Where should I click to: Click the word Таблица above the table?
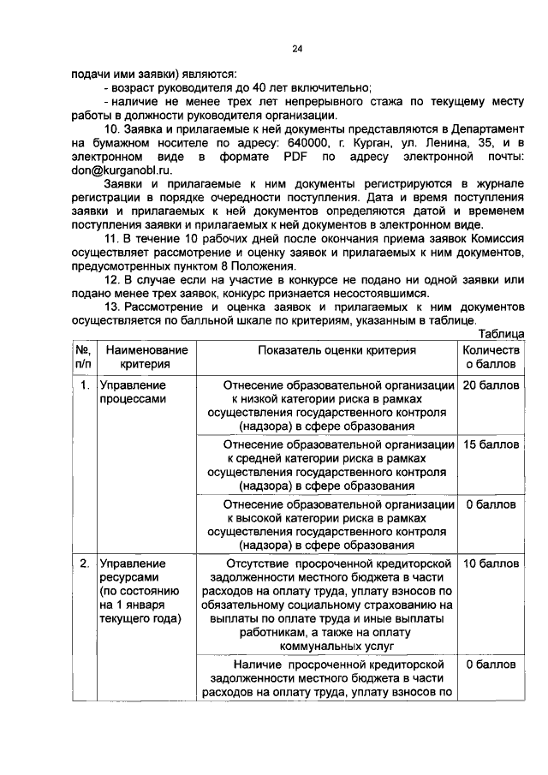[x=501, y=334]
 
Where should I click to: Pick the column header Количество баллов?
[x=491, y=357]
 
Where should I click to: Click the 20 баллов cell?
[x=491, y=385]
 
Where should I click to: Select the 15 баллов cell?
[x=491, y=445]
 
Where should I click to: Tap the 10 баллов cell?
[x=491, y=564]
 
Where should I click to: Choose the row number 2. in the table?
[x=83, y=564]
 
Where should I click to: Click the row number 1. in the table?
[x=83, y=385]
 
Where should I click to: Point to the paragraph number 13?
[x=113, y=307]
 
